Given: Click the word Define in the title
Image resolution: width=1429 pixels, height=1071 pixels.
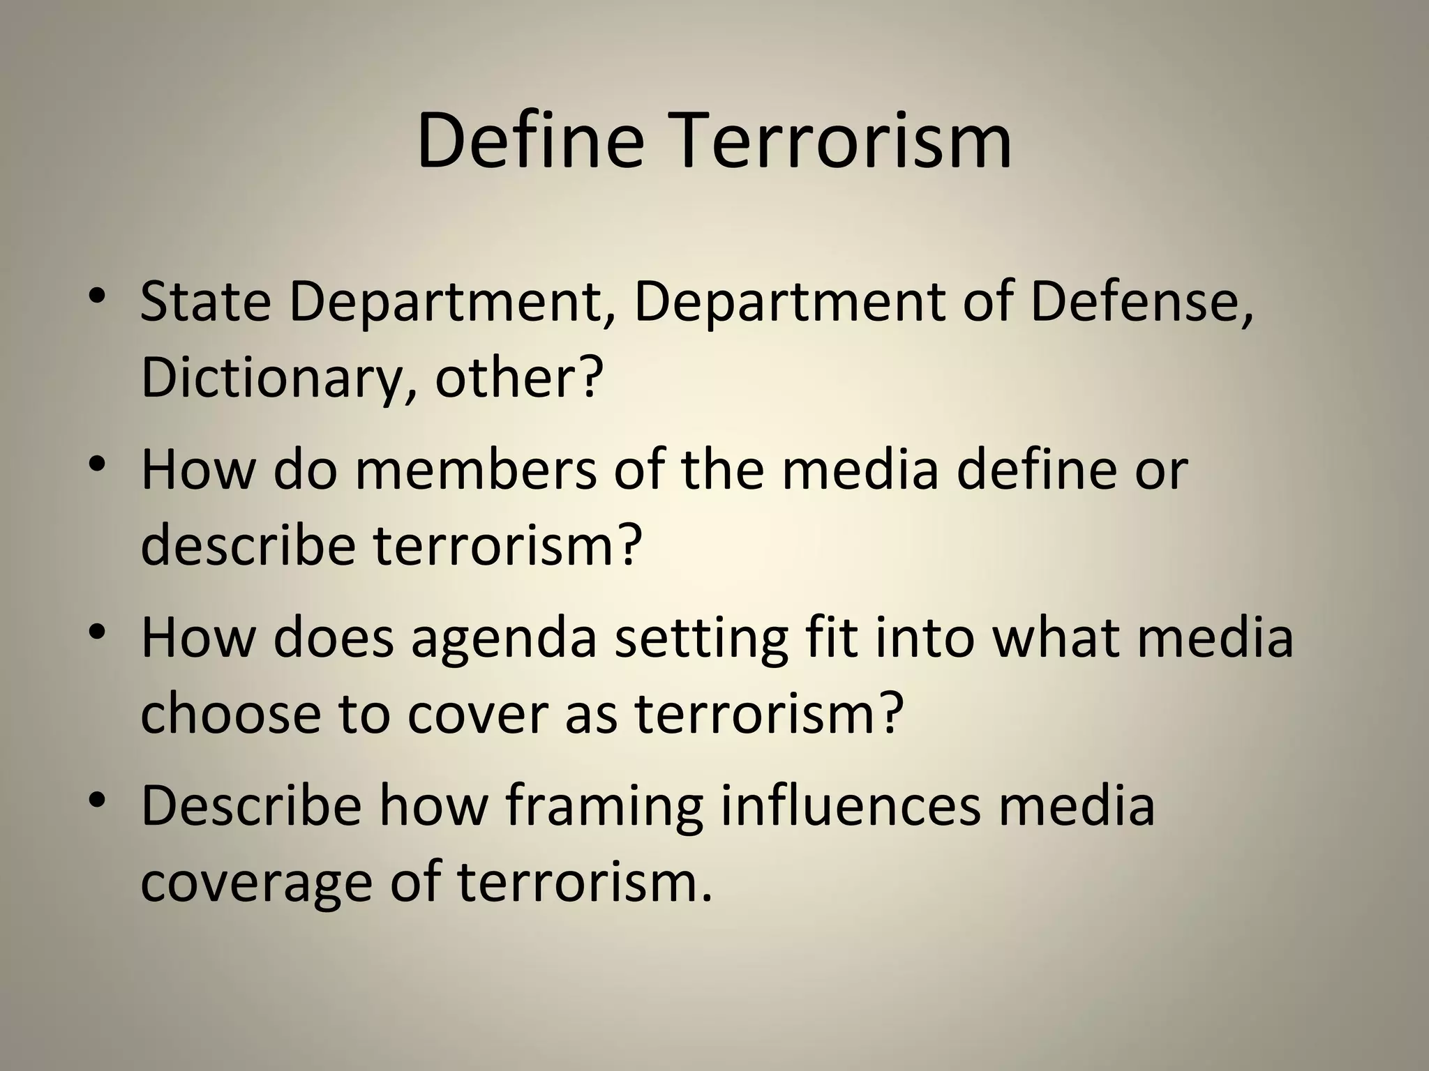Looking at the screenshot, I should [x=530, y=142].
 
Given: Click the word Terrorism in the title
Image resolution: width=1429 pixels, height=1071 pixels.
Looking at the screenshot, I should [x=836, y=142].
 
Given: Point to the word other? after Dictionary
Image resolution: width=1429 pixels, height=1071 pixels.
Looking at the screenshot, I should [x=518, y=379].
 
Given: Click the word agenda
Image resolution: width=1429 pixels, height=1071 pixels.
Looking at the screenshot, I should [x=504, y=638].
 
